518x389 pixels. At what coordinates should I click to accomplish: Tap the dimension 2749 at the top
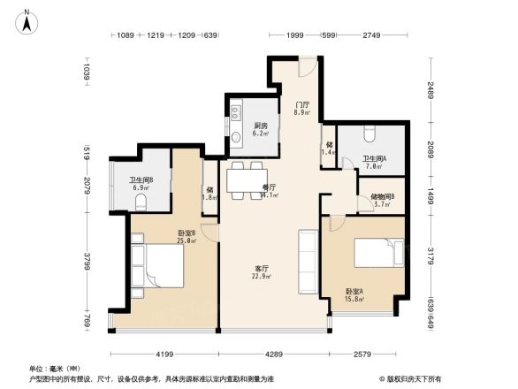tap(370, 35)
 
